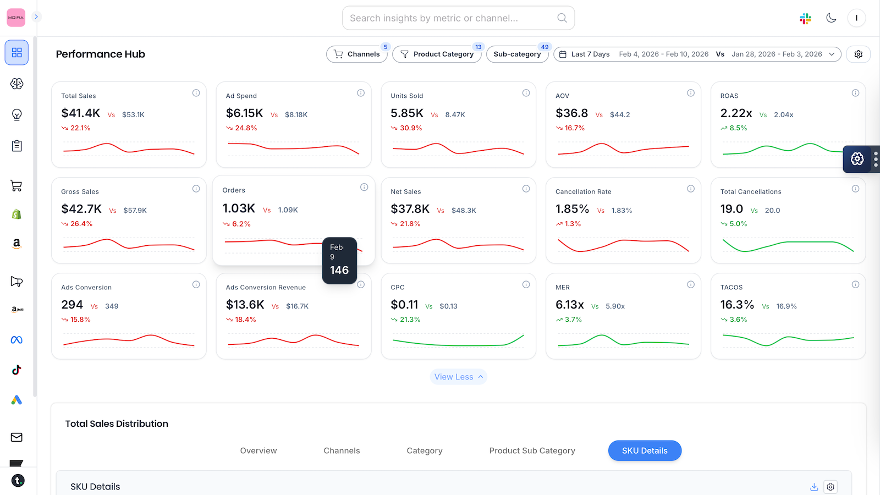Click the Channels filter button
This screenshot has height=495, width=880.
(357, 54)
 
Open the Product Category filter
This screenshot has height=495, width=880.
(437, 54)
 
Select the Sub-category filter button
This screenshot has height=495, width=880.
(517, 54)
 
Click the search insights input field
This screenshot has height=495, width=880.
(451, 18)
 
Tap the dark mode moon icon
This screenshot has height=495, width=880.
(831, 18)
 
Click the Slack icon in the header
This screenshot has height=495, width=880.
(805, 18)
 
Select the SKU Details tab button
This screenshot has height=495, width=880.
(645, 450)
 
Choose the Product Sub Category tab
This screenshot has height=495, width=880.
(532, 450)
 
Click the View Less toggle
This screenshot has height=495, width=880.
(458, 377)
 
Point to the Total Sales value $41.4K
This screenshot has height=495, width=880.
(81, 113)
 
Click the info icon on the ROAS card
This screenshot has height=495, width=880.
(855, 93)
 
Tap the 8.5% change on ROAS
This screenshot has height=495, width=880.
(738, 128)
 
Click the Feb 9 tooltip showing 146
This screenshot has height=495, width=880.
(339, 261)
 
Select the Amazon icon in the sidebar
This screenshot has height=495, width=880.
(16, 244)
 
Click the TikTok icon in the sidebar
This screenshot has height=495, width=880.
(16, 370)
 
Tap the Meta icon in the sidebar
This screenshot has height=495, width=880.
(16, 340)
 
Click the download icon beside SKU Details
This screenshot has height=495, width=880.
(814, 487)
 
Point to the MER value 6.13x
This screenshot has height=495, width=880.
(570, 305)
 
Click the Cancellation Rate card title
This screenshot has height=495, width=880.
(583, 191)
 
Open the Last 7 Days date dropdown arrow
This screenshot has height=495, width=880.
(832, 54)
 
